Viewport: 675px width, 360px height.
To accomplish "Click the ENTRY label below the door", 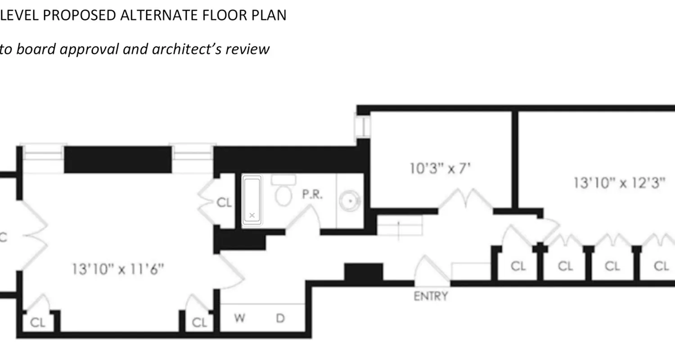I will click(x=431, y=296).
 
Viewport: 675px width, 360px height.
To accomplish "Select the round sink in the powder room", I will click(x=349, y=200).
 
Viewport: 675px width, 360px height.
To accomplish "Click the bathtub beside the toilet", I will click(x=252, y=200).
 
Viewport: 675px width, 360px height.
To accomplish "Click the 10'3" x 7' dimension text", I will click(x=440, y=169).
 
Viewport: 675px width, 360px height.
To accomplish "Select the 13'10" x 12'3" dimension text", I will click(x=619, y=183).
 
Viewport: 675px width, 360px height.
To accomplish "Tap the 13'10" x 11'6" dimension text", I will click(x=118, y=269).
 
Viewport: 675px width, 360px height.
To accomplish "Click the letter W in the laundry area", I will click(x=239, y=319).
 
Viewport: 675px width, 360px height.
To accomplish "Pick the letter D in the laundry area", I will click(x=280, y=319).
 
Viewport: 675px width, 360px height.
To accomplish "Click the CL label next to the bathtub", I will click(x=224, y=203).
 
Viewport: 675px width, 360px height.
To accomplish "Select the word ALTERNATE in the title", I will click(x=156, y=15).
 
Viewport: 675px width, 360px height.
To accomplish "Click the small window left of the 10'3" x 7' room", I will click(x=362, y=126).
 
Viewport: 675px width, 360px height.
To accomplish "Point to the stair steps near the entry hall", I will click(x=399, y=225).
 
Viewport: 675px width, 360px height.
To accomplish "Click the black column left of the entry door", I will click(x=364, y=272).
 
